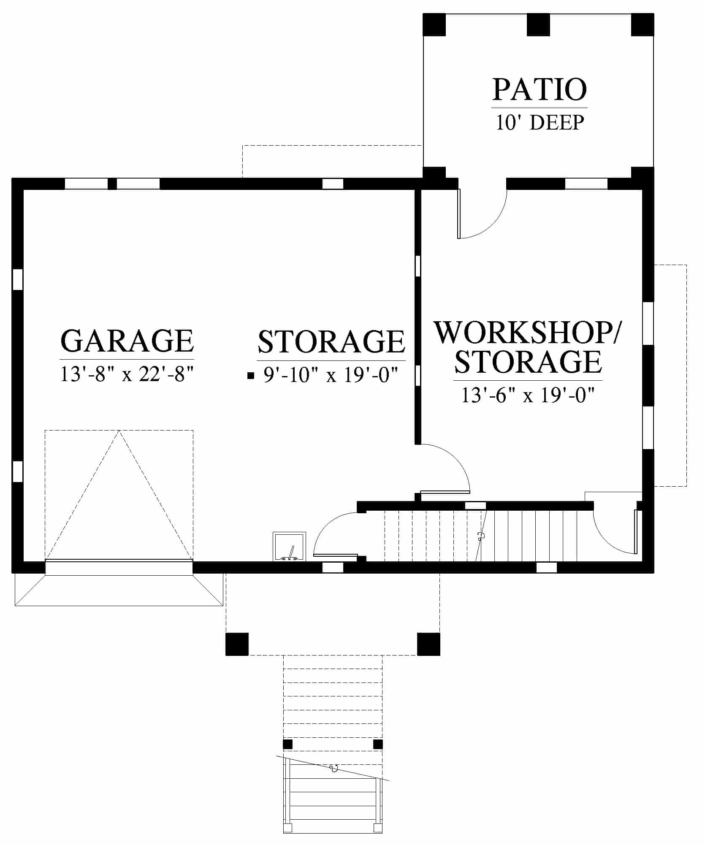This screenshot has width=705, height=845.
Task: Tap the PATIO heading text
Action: pos(540,89)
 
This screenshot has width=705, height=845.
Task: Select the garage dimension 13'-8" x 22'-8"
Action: pos(127,374)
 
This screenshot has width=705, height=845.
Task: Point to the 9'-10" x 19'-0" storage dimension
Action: pos(331,375)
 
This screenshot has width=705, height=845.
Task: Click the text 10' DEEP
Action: pos(540,122)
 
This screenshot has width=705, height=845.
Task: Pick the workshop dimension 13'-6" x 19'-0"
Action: pos(528,395)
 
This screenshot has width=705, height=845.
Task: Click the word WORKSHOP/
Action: pos(528,333)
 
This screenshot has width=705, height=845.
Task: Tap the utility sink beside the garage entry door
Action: pos(289,547)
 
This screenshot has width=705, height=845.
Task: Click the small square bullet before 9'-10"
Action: pos(251,375)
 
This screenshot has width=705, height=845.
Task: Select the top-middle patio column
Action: pos(538,24)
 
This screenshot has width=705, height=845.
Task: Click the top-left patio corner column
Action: pos(434,24)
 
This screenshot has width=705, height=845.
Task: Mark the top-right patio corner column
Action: pos(643,24)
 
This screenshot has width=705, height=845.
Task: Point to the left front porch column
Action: pos(237,644)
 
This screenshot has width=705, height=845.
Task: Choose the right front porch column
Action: pos(428,644)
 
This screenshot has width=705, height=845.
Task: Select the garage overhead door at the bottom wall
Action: pos(119,567)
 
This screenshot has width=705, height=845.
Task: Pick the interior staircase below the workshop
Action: pos(480,536)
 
